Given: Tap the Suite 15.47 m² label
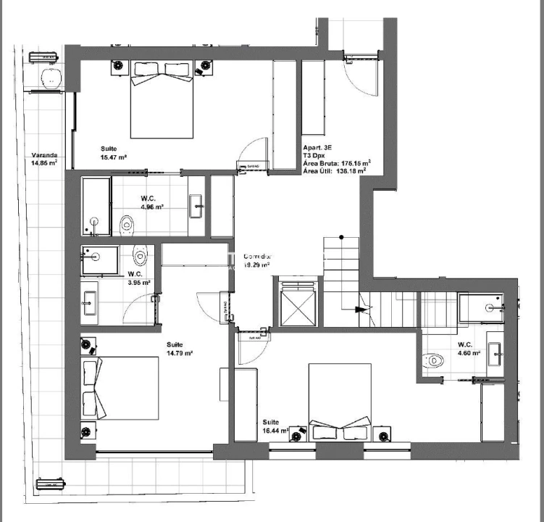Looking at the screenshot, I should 114,153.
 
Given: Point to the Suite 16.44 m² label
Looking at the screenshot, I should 275,426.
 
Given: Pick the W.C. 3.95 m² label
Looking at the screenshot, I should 138,278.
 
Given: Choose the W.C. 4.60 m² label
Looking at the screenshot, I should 466,349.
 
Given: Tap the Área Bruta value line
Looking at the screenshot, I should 337,163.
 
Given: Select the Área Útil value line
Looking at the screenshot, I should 335,172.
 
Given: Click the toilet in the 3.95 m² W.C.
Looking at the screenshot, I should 141,254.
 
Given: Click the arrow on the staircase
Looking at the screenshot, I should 360,309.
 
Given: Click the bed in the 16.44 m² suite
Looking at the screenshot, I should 340,401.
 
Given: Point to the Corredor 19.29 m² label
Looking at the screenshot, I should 257,261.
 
